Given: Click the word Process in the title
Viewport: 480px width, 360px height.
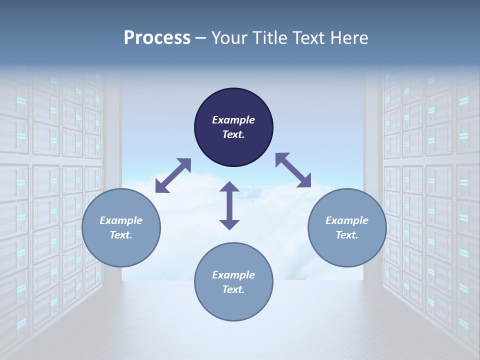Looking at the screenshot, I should (x=157, y=38).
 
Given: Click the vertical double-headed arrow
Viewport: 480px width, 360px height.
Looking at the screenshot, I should (x=229, y=205).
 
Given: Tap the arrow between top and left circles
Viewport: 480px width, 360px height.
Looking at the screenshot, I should (x=173, y=175).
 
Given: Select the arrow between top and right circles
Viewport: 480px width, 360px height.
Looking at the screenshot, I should (x=293, y=170).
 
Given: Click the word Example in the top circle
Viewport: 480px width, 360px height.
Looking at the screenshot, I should (x=233, y=120).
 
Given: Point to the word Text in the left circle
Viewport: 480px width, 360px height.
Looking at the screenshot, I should (x=120, y=235).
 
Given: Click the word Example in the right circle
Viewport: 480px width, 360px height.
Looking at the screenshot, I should (x=347, y=220).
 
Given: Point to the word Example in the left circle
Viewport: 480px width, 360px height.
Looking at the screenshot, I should (x=121, y=220).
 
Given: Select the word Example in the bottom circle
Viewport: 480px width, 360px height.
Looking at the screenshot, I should (x=233, y=275).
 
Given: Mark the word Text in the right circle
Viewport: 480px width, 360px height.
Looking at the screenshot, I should (x=346, y=235).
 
